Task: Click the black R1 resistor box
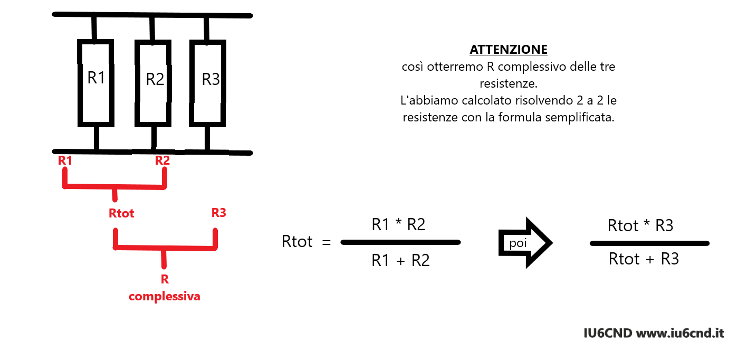point(80,83)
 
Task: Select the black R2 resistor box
point(137,83)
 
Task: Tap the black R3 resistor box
point(191,83)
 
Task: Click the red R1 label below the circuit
point(65,160)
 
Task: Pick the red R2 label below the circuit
point(162,160)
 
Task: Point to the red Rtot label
point(121,213)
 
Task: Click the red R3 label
point(219,213)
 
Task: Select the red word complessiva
point(165,296)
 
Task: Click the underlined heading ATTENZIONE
point(508,50)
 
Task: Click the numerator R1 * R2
point(398,224)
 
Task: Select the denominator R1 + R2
point(400,260)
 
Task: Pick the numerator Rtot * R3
point(640,225)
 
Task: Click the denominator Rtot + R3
point(644,259)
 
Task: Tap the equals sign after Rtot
point(327,242)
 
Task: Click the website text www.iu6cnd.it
point(680,333)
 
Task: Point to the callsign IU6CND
point(608,333)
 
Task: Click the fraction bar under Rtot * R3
point(649,243)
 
